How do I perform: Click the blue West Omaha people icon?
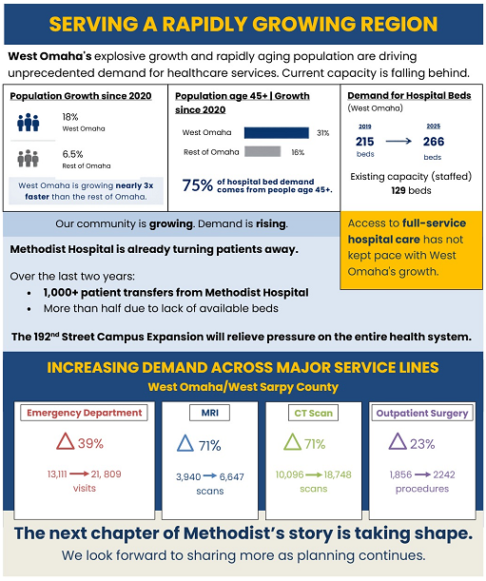pos(29,123)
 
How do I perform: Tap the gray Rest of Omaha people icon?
pos(29,159)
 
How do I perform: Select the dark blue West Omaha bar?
pos(277,133)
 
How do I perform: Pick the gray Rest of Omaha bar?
pos(262,151)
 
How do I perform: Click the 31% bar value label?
pos(322,133)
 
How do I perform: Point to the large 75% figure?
pos(198,185)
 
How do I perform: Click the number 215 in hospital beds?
pos(365,142)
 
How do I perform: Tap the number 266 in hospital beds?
pos(434,142)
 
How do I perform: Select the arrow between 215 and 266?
pos(399,141)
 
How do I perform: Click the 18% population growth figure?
pos(70,117)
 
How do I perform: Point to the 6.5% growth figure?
pos(72,154)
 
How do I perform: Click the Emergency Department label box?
pos(84,413)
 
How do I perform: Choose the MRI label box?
pos(210,413)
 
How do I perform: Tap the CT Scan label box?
pos(314,413)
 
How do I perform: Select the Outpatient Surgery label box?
pos(422,413)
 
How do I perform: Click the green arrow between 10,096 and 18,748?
pos(314,475)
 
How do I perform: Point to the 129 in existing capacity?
pos(399,191)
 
